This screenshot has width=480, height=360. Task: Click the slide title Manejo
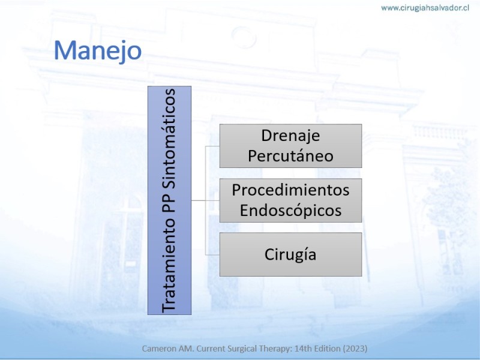point(98,50)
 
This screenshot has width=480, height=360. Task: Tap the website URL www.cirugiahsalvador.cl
point(425,8)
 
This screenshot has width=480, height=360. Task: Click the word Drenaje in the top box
point(290,136)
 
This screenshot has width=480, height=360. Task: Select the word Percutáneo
point(290,155)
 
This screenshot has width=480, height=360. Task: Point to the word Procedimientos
point(290,190)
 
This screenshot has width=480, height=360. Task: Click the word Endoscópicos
point(290,211)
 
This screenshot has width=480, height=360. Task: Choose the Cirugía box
point(290,254)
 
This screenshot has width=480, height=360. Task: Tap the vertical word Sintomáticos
point(169,139)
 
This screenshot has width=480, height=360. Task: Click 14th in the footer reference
point(301,349)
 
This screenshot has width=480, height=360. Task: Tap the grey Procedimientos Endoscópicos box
point(290,200)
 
